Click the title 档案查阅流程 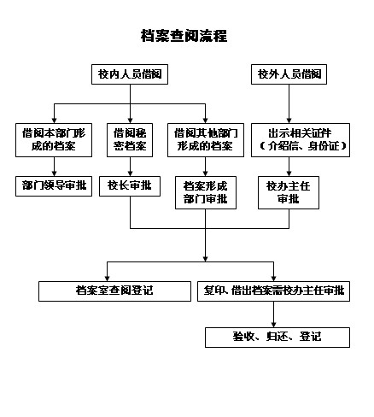(x=184, y=36)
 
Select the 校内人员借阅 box (x=130, y=74)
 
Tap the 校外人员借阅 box (x=289, y=74)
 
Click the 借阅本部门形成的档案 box (x=54, y=140)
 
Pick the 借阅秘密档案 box (x=130, y=140)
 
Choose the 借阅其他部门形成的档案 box (x=206, y=140)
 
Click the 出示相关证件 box (x=301, y=140)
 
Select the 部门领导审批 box (x=54, y=186)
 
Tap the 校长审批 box (x=130, y=186)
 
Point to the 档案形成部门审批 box (x=206, y=193)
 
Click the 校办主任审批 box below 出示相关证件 (x=289, y=193)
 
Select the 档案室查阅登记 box (x=114, y=291)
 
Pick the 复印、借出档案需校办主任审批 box (x=273, y=291)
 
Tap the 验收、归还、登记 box (x=278, y=338)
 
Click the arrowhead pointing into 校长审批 (x=131, y=173)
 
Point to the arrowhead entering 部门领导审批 (x=55, y=173)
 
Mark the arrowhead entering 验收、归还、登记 (x=274, y=325)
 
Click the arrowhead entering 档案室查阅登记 (x=108, y=279)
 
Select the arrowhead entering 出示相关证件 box (x=289, y=120)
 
